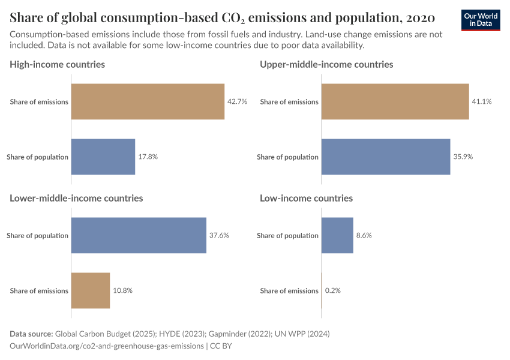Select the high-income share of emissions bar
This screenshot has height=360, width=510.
(x=148, y=101)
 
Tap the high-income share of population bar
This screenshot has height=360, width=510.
(x=103, y=157)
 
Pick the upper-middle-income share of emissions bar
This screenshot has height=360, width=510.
(x=395, y=101)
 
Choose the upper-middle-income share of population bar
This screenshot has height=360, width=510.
(x=386, y=157)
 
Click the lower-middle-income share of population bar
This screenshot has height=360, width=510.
(x=139, y=235)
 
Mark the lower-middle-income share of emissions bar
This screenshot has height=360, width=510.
(x=91, y=290)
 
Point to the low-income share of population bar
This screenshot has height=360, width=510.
(x=337, y=235)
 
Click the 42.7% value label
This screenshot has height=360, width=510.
(x=237, y=101)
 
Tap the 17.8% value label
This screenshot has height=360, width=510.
(x=148, y=157)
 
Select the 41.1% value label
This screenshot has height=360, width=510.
(x=482, y=101)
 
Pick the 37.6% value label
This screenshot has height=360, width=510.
(x=219, y=235)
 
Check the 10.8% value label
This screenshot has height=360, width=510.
(x=122, y=290)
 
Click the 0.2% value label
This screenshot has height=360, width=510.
(x=333, y=290)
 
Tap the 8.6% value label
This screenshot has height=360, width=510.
(x=364, y=235)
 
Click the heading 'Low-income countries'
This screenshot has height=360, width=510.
(x=306, y=198)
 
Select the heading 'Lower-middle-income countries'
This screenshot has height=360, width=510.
(x=76, y=198)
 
